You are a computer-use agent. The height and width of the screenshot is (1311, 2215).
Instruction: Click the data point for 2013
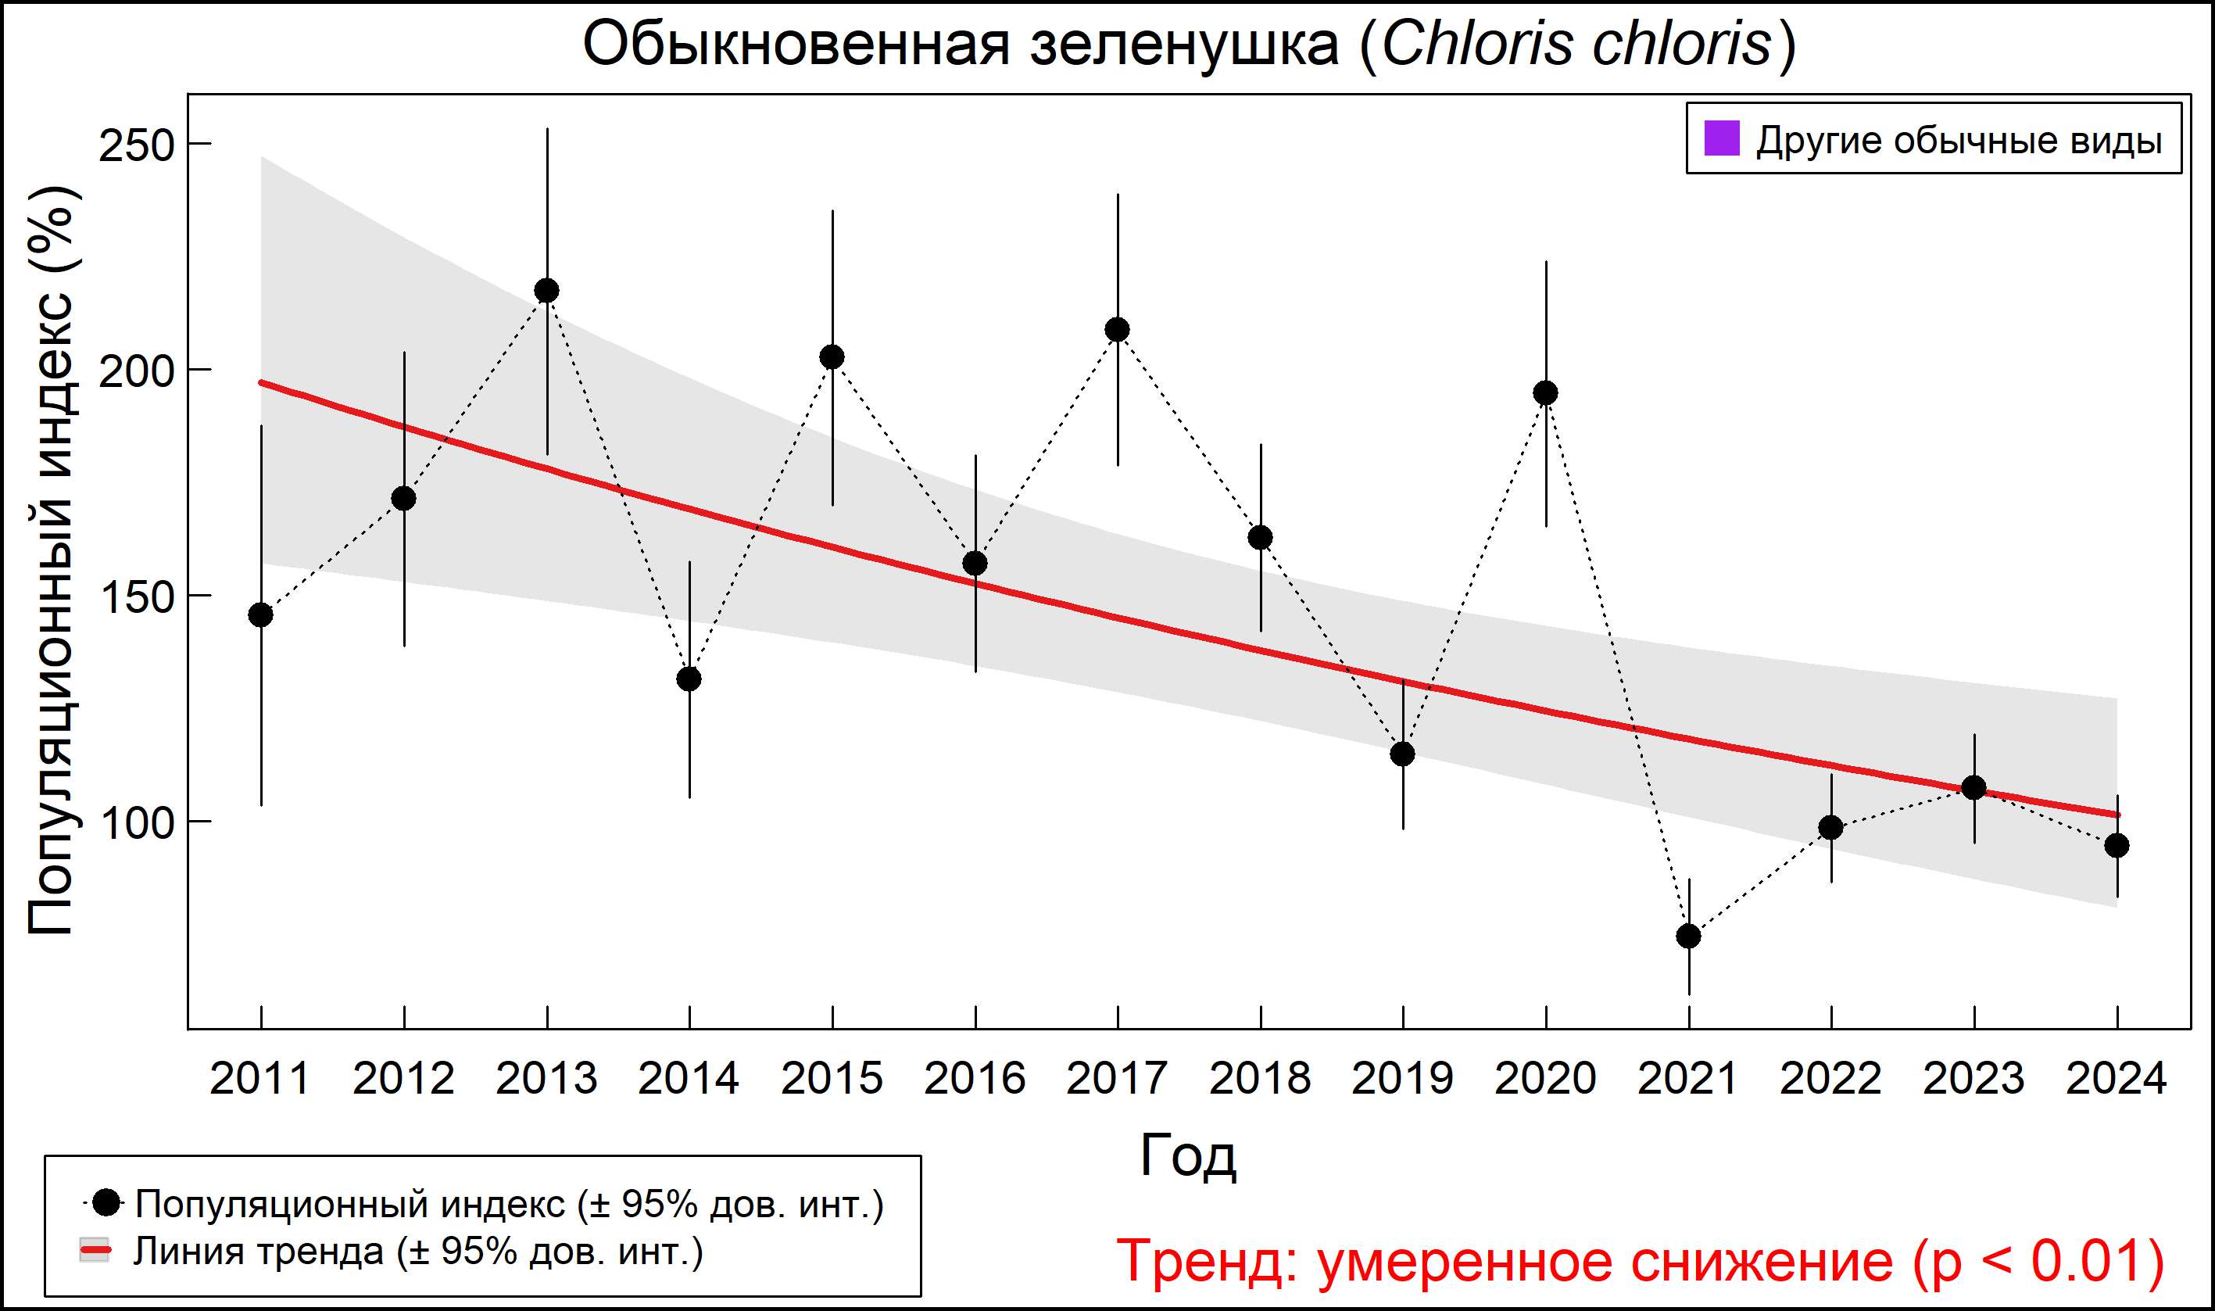[546, 291]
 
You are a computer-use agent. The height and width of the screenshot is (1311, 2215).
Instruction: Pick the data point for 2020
[1545, 393]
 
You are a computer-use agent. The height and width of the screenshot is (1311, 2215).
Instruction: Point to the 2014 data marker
[689, 679]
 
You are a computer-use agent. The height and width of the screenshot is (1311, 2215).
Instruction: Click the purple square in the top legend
[1721, 138]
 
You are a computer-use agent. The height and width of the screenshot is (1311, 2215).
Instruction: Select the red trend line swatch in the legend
[95, 1251]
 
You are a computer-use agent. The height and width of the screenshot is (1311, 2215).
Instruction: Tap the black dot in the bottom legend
[107, 1202]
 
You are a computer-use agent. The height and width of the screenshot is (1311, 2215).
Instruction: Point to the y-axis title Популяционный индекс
[52, 561]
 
